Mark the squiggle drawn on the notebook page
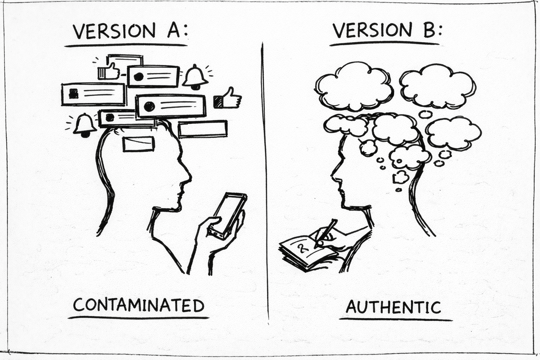(302, 248)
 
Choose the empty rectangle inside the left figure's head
(139, 144)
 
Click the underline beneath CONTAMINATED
(139, 318)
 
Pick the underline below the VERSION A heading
(126, 45)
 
